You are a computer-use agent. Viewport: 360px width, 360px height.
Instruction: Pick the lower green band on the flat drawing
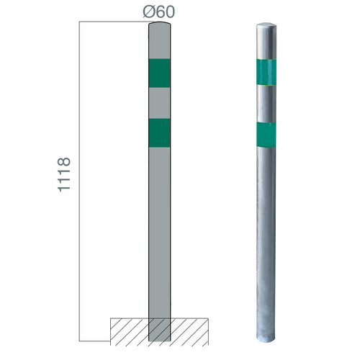(159, 132)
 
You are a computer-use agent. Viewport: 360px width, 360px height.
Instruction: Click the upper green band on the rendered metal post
(266, 71)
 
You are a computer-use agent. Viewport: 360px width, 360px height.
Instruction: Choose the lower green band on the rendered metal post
(266, 133)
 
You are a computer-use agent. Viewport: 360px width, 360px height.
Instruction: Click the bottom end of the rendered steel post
(266, 334)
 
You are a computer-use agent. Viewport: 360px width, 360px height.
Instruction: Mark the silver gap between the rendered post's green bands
(266, 103)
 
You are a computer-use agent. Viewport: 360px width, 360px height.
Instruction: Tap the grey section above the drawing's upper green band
(159, 43)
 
